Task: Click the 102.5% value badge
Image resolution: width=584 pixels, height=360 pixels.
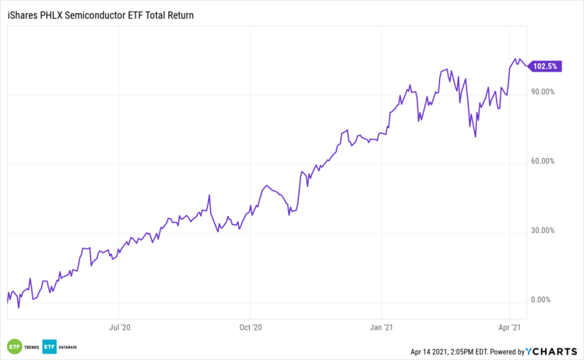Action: [x=544, y=66]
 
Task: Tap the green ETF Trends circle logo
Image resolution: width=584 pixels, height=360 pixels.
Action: [x=13, y=346]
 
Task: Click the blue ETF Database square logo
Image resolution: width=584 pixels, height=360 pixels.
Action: [x=50, y=346]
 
